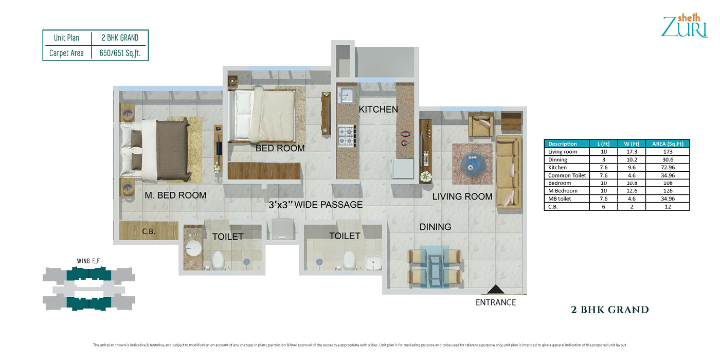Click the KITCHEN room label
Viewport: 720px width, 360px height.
click(x=378, y=110)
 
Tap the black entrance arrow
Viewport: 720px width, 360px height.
click(x=496, y=289)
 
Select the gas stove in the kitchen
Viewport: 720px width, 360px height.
click(x=346, y=136)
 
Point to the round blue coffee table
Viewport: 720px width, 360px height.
click(x=473, y=163)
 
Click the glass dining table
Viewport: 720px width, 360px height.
click(x=435, y=267)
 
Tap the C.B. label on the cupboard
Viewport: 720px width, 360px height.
click(x=149, y=231)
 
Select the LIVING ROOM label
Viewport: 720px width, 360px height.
click(x=462, y=196)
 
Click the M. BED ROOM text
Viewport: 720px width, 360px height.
click(x=175, y=195)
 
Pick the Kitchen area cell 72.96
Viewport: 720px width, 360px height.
click(x=668, y=168)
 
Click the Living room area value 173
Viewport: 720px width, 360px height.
click(x=668, y=152)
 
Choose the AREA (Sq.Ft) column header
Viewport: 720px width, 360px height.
click(x=668, y=143)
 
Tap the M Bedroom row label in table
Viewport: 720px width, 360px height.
click(x=563, y=191)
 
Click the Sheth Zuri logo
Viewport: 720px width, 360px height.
click(x=685, y=25)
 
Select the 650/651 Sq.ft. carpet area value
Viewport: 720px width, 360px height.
click(x=120, y=53)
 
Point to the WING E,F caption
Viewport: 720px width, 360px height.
click(x=88, y=261)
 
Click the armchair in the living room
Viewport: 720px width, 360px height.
click(x=481, y=124)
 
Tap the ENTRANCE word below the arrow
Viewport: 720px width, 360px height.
click(x=496, y=302)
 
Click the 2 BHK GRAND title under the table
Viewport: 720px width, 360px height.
click(x=610, y=310)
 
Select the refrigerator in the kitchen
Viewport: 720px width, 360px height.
click(x=402, y=169)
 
